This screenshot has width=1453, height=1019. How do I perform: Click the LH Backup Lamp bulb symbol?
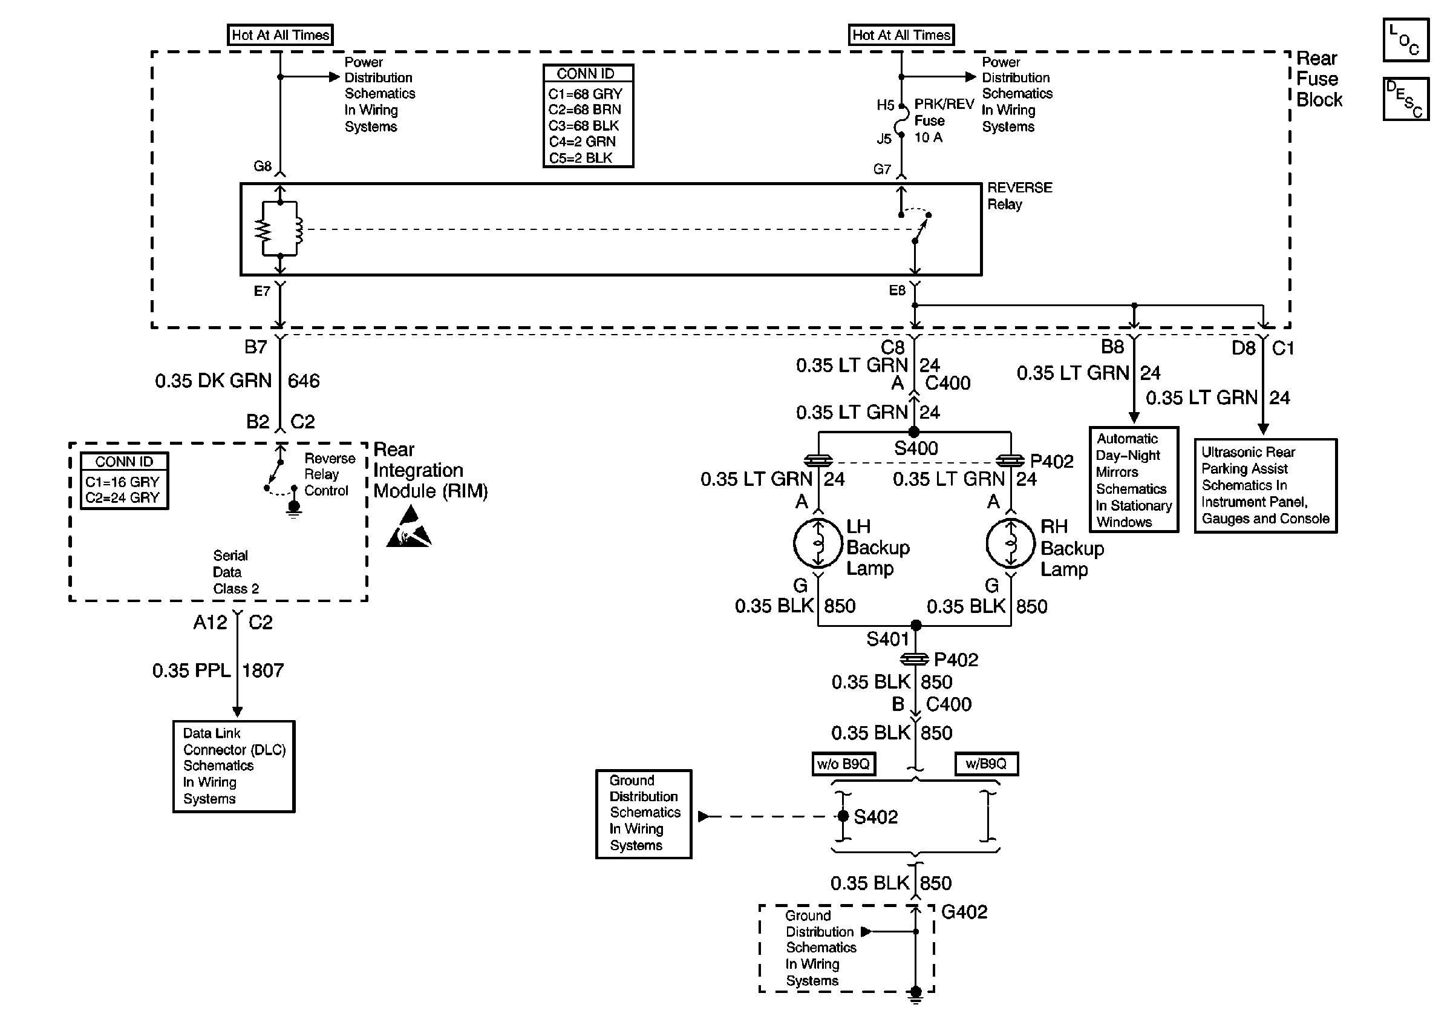pos(818,543)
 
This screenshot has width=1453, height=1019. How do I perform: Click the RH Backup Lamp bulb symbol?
pos(1011,543)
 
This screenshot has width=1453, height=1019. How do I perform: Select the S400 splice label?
pos(916,449)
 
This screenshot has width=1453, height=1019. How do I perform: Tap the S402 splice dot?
pos(843,816)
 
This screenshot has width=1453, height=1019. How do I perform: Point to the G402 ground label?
pos(964,912)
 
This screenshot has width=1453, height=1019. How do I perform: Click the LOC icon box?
pos(1406,41)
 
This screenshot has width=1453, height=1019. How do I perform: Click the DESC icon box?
pos(1406,99)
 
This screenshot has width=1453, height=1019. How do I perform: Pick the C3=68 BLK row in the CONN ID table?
pos(584,125)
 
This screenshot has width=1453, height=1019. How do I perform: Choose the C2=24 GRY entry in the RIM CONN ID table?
pos(122,498)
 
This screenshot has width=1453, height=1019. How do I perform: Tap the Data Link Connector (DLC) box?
pos(234,766)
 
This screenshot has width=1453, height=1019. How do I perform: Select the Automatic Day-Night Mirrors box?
pos(1134,480)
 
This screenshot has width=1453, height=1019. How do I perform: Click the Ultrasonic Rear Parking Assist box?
pos(1265,485)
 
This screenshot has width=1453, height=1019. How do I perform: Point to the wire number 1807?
pos(263,670)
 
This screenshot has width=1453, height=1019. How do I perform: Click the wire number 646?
pos(304,381)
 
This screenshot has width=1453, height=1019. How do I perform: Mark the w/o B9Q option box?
pos(843,764)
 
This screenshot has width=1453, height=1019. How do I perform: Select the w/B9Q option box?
pos(986,764)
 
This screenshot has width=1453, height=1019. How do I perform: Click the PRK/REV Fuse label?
pos(943,112)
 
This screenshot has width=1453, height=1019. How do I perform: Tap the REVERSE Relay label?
pos(1019,195)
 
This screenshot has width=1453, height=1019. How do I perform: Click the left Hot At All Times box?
pos(280,35)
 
